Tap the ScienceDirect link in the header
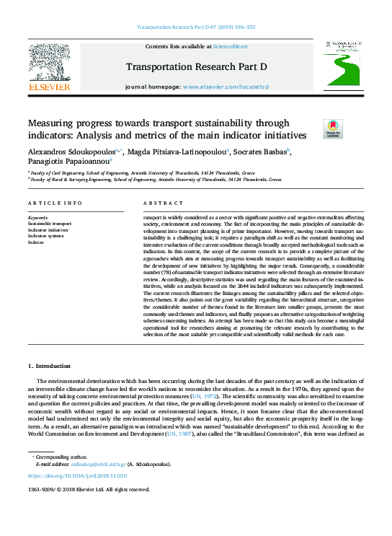(231, 46)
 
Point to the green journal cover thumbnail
(342, 69)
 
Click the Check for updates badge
(313, 130)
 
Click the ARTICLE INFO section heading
(55, 203)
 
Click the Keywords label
(38, 217)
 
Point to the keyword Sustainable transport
(50, 224)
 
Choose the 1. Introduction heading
(49, 367)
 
